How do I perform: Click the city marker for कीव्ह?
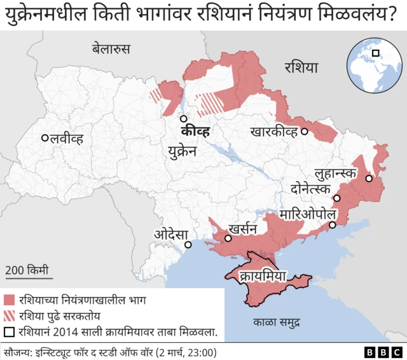click(183, 118)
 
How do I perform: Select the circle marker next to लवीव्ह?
click(45, 138)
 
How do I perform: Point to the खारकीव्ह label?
click(273, 132)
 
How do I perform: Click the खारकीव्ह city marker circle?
click(305, 132)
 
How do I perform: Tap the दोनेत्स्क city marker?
click(337, 198)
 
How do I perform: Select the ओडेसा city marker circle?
click(188, 244)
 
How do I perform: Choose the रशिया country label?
click(301, 67)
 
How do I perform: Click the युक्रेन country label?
click(183, 151)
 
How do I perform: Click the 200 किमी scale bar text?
click(27, 270)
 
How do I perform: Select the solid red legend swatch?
click(9, 300)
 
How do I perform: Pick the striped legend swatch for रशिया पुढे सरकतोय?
click(9, 315)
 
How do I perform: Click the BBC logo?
click(382, 352)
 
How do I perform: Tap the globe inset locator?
click(372, 62)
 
